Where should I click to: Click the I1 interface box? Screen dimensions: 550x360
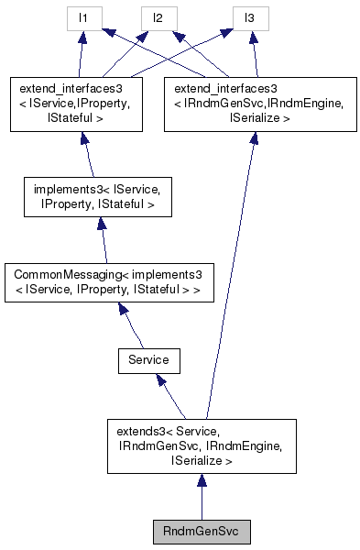tap(83, 17)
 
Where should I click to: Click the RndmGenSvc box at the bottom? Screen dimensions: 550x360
tap(201, 531)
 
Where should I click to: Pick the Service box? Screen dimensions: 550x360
tap(148, 360)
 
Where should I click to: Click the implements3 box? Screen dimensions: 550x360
tap(96, 198)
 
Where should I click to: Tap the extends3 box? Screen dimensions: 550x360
tap(202, 446)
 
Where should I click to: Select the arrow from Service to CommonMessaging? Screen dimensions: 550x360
tap(134, 326)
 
